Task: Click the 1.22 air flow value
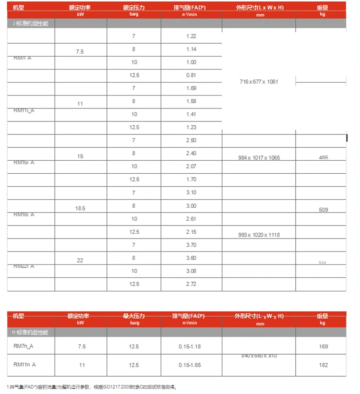pyautogui.click(x=191, y=36)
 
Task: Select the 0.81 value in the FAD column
pyautogui.click(x=191, y=75)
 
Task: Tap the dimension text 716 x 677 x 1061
pyautogui.click(x=259, y=82)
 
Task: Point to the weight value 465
pyautogui.click(x=323, y=157)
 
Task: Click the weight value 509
pyautogui.click(x=323, y=210)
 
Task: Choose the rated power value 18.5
pyautogui.click(x=80, y=209)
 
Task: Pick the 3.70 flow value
pyautogui.click(x=191, y=245)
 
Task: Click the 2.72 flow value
pyautogui.click(x=191, y=284)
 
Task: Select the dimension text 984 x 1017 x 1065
pyautogui.click(x=259, y=158)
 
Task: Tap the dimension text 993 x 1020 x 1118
pyautogui.click(x=259, y=235)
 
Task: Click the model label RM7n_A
pyautogui.click(x=24, y=346)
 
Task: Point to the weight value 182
pyautogui.click(x=323, y=365)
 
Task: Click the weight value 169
pyautogui.click(x=323, y=346)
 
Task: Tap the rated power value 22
pyautogui.click(x=80, y=261)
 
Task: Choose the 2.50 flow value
pyautogui.click(x=191, y=141)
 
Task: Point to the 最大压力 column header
pyautogui.click(x=134, y=316)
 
